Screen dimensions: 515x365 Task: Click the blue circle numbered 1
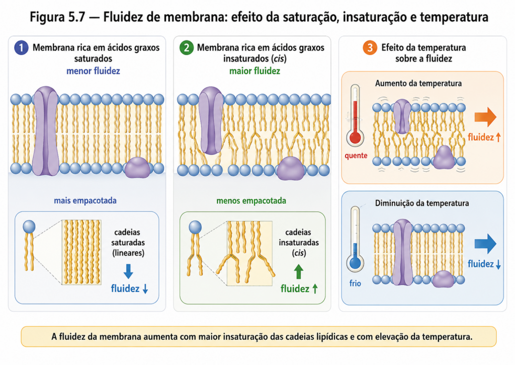pos(21,48)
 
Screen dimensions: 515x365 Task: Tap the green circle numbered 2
pos(186,48)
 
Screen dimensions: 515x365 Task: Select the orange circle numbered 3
pos(370,48)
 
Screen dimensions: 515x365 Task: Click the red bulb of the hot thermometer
pos(355,137)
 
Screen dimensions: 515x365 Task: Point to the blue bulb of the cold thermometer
pos(355,263)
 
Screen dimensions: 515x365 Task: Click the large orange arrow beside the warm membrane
pos(485,117)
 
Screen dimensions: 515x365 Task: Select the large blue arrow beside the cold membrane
pos(485,244)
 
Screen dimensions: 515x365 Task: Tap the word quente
pos(356,156)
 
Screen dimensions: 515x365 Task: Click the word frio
pos(355,283)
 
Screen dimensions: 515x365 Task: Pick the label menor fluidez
pos(93,71)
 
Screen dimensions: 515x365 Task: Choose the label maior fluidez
pos(254,71)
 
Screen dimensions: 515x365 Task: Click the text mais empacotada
pos(85,200)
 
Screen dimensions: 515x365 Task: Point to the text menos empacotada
pos(251,200)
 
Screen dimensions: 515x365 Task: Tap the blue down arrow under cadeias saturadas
pos(128,271)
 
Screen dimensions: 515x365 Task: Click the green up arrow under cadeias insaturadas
pos(298,272)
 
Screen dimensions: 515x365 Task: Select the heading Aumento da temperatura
pos(418,84)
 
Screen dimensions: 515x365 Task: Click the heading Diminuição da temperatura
pos(422,203)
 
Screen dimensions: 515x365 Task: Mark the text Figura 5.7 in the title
pos(57,17)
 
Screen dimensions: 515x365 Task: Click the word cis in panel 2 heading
pos(279,59)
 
